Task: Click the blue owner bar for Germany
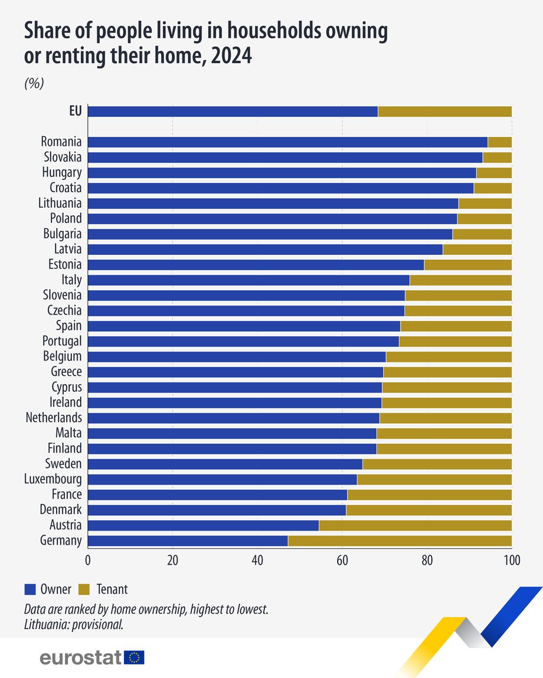click(188, 541)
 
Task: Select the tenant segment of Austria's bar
click(415, 525)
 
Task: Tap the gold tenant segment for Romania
click(499, 142)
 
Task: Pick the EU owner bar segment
click(233, 112)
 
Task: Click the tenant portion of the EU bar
click(444, 112)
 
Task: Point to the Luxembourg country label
click(53, 479)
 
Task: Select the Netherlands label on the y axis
click(54, 418)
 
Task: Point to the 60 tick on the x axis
click(342, 560)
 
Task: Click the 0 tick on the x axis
click(88, 560)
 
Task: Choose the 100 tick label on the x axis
click(511, 560)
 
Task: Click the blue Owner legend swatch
click(30, 589)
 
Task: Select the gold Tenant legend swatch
click(84, 589)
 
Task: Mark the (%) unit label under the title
click(34, 83)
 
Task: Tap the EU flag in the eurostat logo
click(135, 657)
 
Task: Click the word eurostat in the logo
click(80, 657)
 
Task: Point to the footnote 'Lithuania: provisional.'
click(74, 625)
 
